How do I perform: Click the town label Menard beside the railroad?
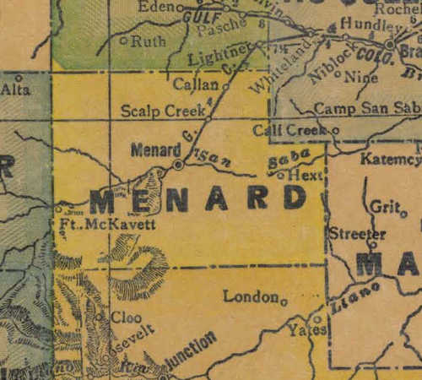[152, 150]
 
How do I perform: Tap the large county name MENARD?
[198, 199]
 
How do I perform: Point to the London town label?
[251, 296]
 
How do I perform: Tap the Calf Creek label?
[282, 130]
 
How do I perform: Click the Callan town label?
[196, 85]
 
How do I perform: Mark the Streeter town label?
[357, 234]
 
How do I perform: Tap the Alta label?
[14, 87]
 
